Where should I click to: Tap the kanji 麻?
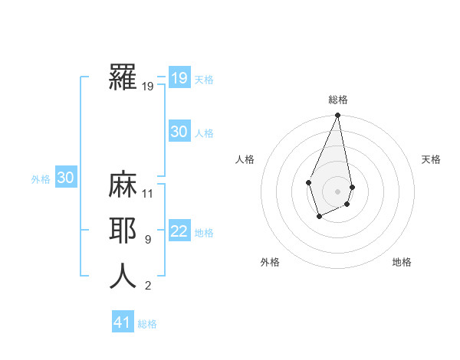(123, 187)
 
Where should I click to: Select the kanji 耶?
(123, 232)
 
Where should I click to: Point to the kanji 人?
(123, 276)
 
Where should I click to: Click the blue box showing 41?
(123, 322)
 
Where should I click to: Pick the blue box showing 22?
(179, 232)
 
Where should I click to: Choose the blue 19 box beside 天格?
(179, 78)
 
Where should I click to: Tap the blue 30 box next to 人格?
(179, 132)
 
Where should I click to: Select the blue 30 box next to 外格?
(66, 178)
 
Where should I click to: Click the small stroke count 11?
(149, 194)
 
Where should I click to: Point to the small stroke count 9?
(147, 240)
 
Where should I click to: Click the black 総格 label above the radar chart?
(337, 100)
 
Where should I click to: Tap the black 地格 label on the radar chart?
(402, 262)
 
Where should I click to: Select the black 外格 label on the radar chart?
(270, 262)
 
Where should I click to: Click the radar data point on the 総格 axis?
(337, 116)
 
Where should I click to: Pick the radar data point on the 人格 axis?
(308, 182)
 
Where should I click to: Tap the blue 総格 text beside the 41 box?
(147, 324)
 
